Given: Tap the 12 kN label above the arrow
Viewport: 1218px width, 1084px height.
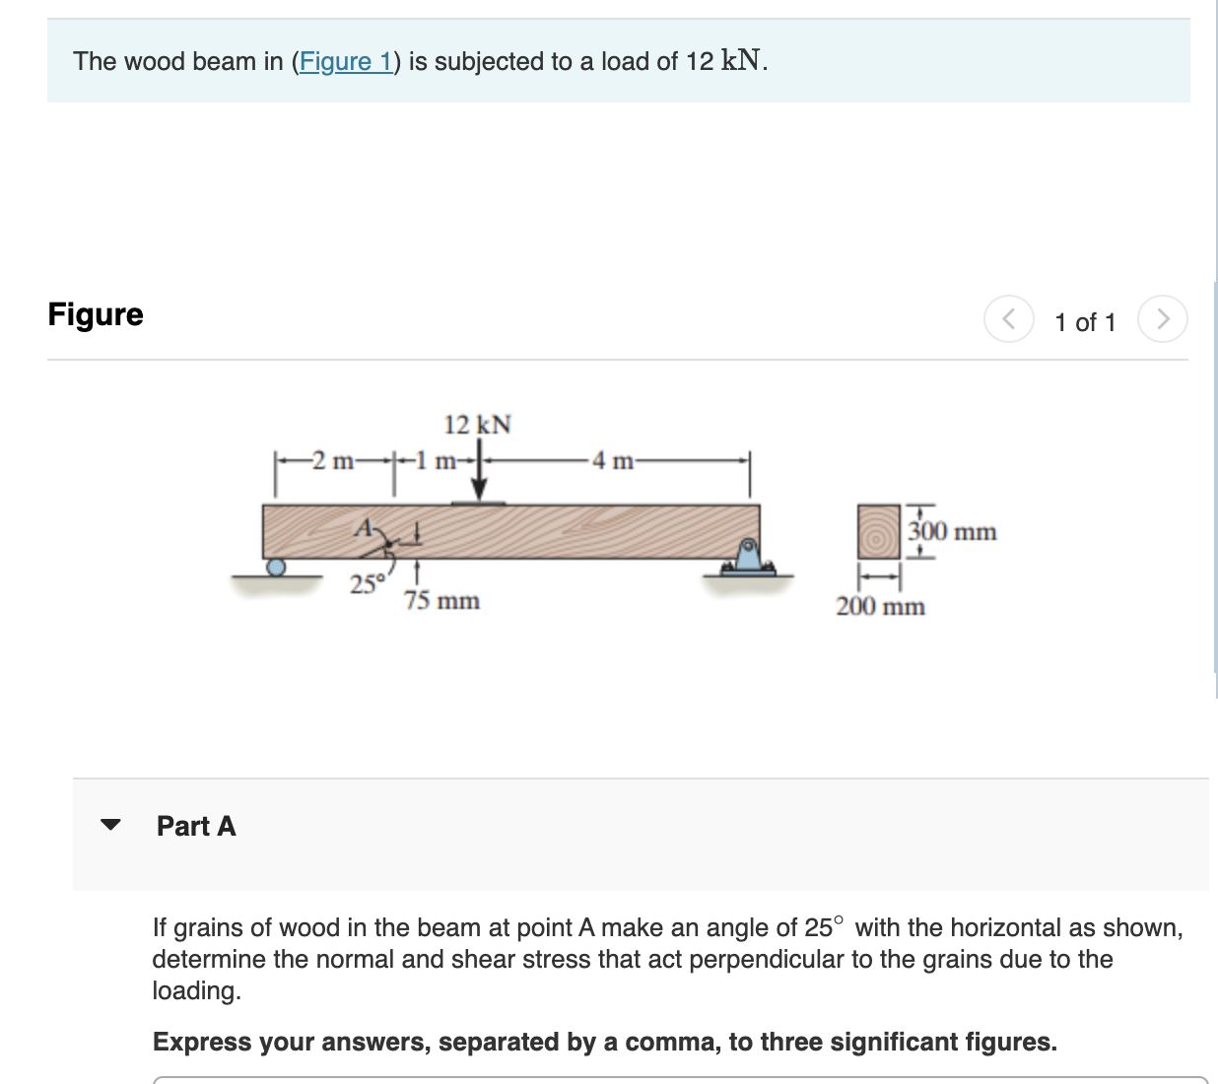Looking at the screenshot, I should point(477,425).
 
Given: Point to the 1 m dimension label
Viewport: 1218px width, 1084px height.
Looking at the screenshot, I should point(433,460).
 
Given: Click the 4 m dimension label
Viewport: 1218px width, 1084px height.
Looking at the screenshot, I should point(612,460).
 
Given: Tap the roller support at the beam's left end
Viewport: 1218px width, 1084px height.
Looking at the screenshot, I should point(277,567).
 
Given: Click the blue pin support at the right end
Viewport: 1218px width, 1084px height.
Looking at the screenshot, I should point(748,557).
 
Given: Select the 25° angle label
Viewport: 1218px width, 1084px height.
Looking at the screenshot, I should point(367,584).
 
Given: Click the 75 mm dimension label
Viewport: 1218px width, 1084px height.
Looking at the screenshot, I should point(441,600).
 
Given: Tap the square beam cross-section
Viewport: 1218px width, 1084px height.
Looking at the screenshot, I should point(878,532).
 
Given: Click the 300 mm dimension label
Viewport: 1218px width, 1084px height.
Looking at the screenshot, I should point(952,532).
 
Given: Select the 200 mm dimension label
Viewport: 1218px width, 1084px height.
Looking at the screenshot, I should point(880,606).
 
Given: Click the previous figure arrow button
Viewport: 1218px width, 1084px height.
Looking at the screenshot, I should point(1008,319).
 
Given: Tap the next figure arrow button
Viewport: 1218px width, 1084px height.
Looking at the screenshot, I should point(1162,319).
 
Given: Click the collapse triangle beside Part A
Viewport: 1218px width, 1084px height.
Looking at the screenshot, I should point(110,825).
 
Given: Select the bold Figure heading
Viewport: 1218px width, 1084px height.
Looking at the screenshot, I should point(96,314).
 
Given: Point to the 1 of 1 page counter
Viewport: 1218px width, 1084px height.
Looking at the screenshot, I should point(1085,322).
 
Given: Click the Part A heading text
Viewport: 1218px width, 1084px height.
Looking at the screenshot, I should point(196,826).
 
